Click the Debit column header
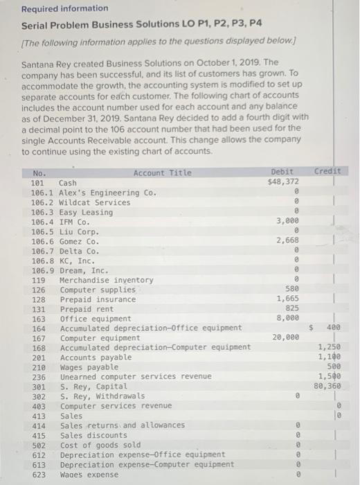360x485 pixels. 282,171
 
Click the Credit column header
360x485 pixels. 327,171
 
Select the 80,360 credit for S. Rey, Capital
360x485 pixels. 327,386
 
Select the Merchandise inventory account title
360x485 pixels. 107,279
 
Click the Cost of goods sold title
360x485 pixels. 100,444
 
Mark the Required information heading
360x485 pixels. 64,8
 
